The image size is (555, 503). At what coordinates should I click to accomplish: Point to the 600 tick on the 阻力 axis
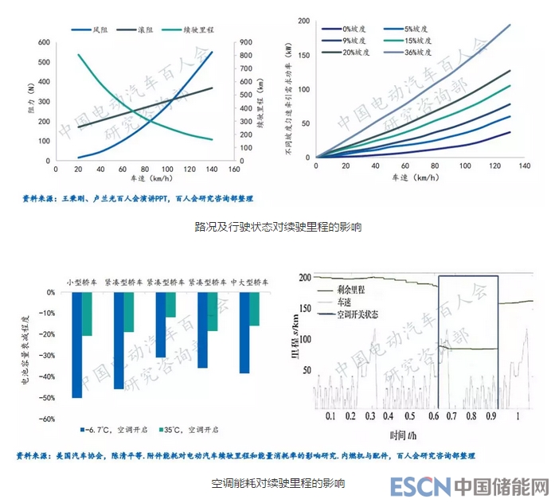44,42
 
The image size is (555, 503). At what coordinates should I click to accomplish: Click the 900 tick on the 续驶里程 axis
248,42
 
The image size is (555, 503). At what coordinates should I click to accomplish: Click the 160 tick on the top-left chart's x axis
233,170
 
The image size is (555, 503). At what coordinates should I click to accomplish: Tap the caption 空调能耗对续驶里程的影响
277,482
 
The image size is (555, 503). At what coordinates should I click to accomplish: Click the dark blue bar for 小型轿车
77,345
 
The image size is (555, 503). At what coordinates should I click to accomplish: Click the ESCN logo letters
420,485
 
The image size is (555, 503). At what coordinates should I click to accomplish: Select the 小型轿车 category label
82,282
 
